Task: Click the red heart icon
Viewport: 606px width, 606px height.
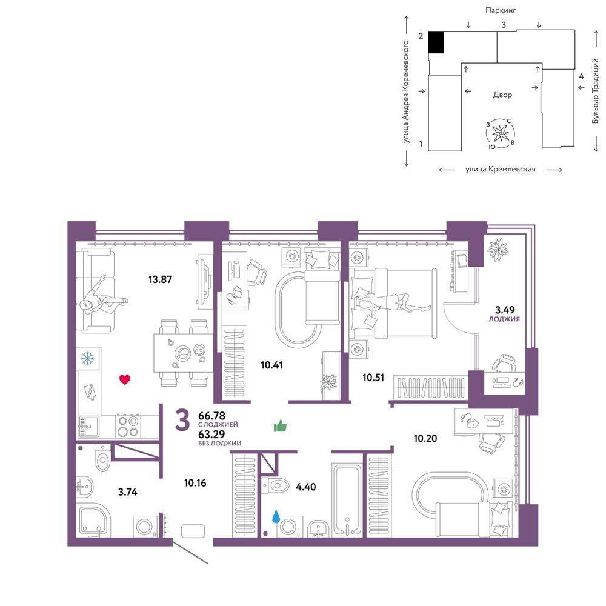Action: (124, 379)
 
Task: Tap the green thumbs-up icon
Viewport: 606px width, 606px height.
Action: (280, 426)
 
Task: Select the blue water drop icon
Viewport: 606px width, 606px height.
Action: (276, 516)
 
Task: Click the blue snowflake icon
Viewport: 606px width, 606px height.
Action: (87, 358)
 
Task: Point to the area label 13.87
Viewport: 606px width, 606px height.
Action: (160, 279)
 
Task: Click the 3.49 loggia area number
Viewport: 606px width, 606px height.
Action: (505, 310)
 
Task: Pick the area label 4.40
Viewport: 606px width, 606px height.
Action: (305, 487)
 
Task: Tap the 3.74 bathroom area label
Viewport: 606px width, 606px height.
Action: (127, 492)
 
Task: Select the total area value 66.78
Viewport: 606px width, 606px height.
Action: (211, 416)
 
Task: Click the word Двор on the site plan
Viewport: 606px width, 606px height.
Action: (502, 95)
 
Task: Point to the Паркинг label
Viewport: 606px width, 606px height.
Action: (501, 10)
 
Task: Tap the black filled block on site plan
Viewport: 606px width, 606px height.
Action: (436, 42)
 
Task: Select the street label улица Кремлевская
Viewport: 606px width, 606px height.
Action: (501, 169)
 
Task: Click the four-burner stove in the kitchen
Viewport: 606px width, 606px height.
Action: (128, 426)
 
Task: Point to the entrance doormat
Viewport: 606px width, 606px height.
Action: (193, 531)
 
